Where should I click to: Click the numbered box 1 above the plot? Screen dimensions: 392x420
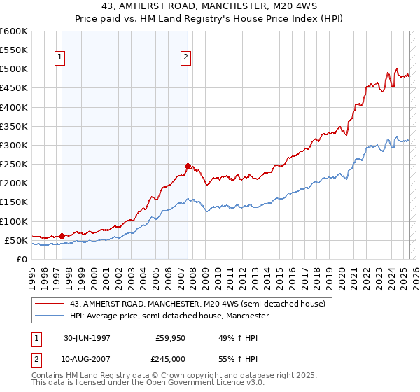tap(59, 58)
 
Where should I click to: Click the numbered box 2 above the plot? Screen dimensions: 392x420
tap(186, 58)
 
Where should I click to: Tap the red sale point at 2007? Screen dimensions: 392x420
tap(188, 166)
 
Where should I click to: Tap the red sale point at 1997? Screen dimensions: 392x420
tap(62, 236)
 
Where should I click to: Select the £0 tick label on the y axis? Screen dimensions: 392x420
tap(21, 259)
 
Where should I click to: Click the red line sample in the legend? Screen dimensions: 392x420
tap(50, 304)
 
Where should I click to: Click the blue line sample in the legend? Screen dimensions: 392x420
tap(50, 316)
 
